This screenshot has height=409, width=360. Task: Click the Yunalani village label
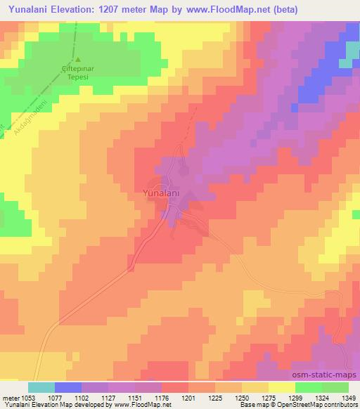161,192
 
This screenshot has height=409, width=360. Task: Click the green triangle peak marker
78,60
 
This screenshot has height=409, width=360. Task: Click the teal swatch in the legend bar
41,387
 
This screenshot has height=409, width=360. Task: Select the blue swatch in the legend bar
68,387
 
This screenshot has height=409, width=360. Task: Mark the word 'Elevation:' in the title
77,9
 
